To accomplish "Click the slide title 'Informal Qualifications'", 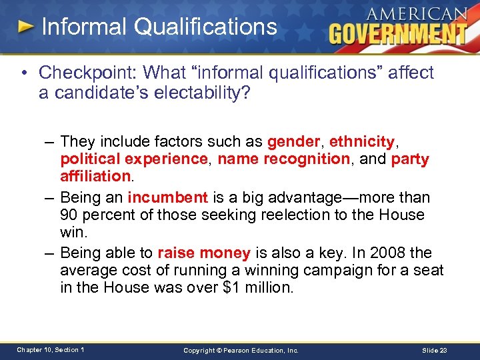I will [x=159, y=27].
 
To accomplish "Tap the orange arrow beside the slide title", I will [x=26, y=27].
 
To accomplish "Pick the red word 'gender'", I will [x=294, y=141].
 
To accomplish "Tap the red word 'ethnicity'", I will [x=362, y=141].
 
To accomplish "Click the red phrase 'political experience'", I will [x=134, y=159].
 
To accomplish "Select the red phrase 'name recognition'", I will [x=283, y=159].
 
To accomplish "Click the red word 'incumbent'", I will [x=168, y=197].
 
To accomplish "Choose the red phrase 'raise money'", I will [x=204, y=253].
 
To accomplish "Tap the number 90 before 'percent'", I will [x=69, y=215].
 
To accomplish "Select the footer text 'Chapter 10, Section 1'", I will [x=51, y=349].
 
